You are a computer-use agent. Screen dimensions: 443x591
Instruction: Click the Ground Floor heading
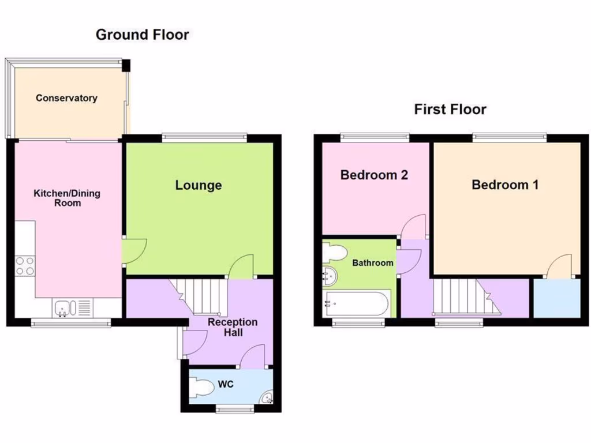tap(142, 35)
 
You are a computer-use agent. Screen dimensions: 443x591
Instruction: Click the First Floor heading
tap(450, 109)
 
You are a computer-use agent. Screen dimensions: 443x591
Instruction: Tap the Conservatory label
tap(66, 98)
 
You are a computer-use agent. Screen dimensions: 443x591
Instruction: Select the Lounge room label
tap(199, 185)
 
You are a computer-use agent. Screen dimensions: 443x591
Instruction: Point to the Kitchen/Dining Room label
tap(67, 198)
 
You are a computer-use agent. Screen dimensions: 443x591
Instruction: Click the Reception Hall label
tap(233, 327)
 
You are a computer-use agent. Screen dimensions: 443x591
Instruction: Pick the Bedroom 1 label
tap(505, 185)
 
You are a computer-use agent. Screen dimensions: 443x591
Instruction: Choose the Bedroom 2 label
tap(374, 175)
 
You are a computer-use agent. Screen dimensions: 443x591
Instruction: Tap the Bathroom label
tap(373, 263)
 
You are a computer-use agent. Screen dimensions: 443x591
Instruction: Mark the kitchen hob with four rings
tap(25, 266)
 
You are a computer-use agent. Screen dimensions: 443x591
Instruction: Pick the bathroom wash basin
tap(330, 277)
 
